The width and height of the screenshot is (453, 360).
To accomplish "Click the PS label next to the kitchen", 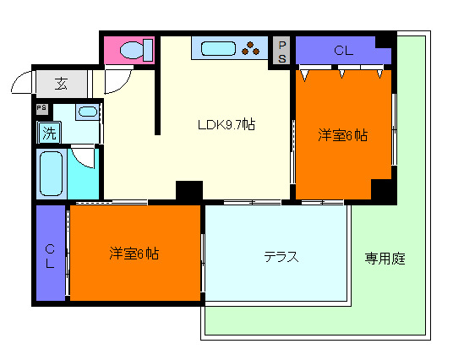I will [x=281, y=51].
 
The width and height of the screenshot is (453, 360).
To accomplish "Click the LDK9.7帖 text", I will [x=226, y=124].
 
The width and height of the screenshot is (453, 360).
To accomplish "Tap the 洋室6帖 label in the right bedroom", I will [x=343, y=134].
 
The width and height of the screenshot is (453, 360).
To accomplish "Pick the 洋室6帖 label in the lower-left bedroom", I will [x=135, y=253].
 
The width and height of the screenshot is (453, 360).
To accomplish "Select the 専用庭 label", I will [x=385, y=259].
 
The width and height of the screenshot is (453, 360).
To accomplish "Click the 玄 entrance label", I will [x=62, y=83].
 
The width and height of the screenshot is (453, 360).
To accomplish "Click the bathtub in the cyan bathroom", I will [x=54, y=173].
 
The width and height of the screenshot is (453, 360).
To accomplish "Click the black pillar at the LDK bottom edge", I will [x=188, y=192].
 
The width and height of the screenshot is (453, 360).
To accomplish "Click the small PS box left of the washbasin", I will [x=41, y=108].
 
